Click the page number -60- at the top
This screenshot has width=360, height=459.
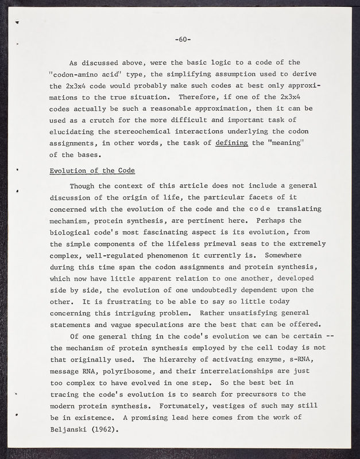pos(183,40)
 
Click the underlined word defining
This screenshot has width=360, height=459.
pos(231,143)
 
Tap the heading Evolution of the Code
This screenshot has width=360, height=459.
pos(92,170)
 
